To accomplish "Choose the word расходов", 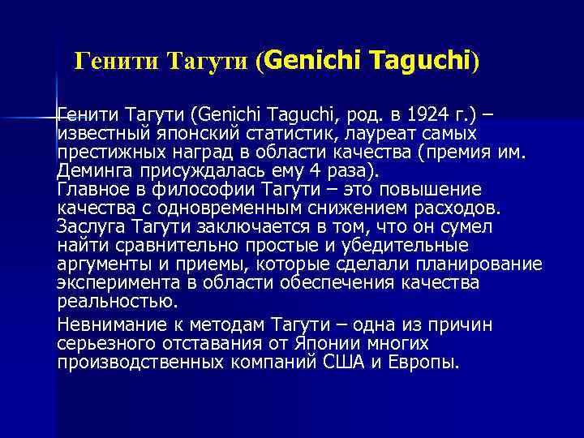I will tap(454, 208).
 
